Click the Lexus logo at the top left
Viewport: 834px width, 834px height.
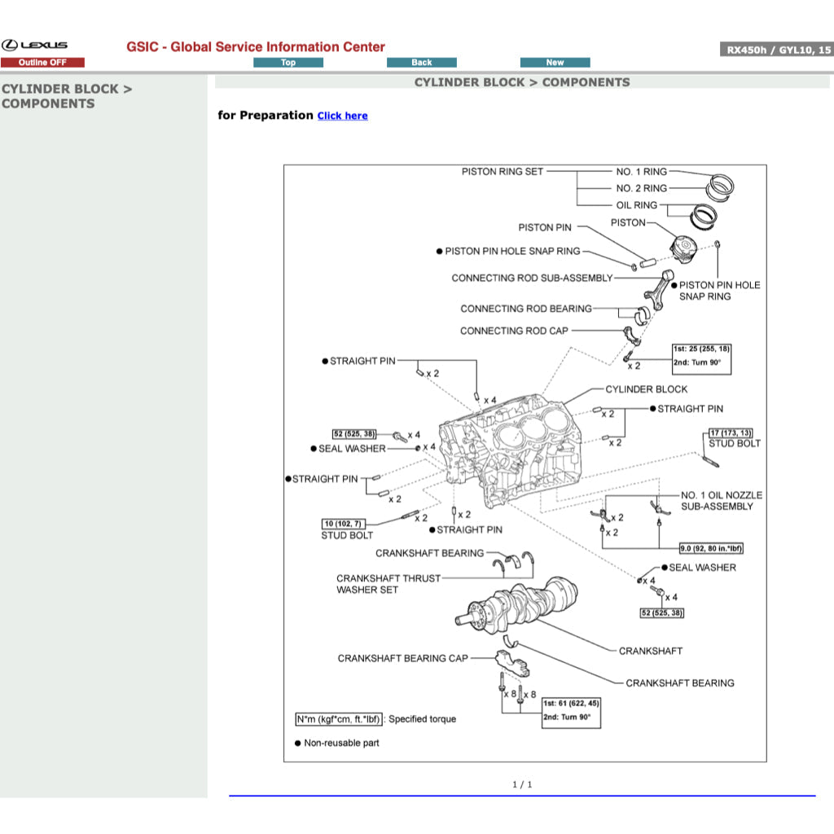(x=34, y=46)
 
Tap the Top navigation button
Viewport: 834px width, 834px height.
(x=288, y=63)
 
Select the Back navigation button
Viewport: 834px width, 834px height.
(x=421, y=63)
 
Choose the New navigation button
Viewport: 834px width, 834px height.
(x=555, y=63)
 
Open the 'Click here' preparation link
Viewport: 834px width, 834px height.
(x=342, y=116)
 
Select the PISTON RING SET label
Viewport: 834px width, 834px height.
(x=502, y=172)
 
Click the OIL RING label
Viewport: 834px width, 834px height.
(x=636, y=205)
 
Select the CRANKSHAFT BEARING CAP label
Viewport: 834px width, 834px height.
(x=403, y=658)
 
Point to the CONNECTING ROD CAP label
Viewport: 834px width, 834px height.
(x=514, y=331)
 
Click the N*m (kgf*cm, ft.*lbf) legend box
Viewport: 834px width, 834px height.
(x=338, y=719)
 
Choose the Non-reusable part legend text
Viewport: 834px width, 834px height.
(x=341, y=743)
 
